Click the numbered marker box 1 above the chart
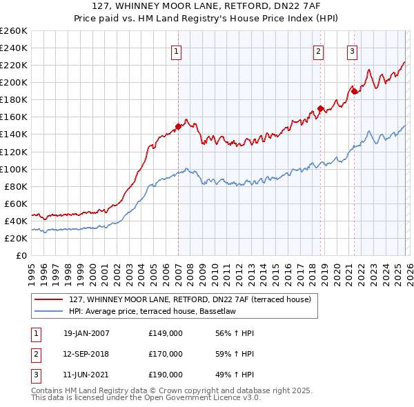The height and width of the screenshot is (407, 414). click(x=177, y=51)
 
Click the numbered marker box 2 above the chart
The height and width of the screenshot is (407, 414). click(x=319, y=51)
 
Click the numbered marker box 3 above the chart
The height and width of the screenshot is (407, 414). click(x=352, y=51)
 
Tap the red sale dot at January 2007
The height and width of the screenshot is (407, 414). click(x=178, y=126)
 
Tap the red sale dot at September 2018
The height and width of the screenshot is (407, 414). click(x=320, y=108)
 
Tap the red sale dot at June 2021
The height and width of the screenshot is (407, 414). click(x=354, y=91)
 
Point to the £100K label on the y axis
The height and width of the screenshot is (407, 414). click(x=14, y=169)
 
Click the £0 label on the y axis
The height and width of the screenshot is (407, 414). click(x=21, y=255)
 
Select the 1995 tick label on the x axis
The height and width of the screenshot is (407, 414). click(x=32, y=273)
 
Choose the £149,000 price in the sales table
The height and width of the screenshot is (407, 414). click(x=166, y=333)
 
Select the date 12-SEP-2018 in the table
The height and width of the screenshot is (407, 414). click(x=86, y=354)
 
